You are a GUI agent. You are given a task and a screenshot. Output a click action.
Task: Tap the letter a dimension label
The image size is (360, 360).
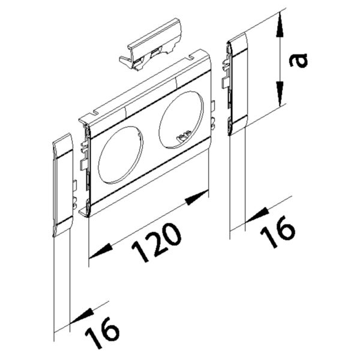(298, 60)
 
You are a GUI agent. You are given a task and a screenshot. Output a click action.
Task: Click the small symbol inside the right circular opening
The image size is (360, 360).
(182, 139)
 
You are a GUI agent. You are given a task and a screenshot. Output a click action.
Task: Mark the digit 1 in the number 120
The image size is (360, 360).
(140, 254)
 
